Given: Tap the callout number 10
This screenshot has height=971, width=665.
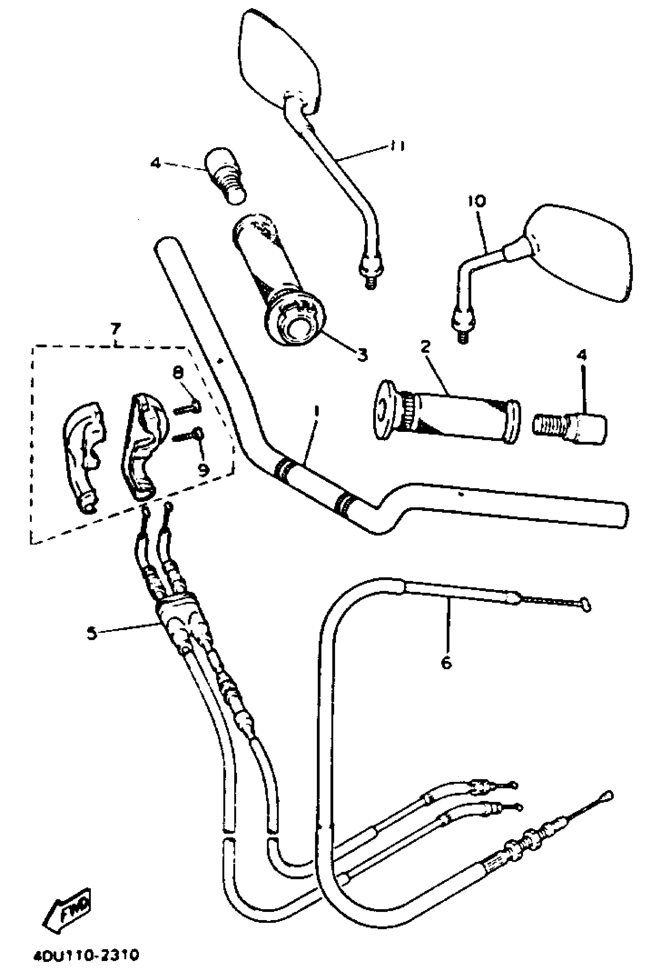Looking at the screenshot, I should click(478, 202).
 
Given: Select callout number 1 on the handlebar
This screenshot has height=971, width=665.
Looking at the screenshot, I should click(316, 412).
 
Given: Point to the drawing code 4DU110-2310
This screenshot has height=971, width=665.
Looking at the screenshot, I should click(85, 954).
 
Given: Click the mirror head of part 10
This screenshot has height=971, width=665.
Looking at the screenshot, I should click(580, 253).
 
